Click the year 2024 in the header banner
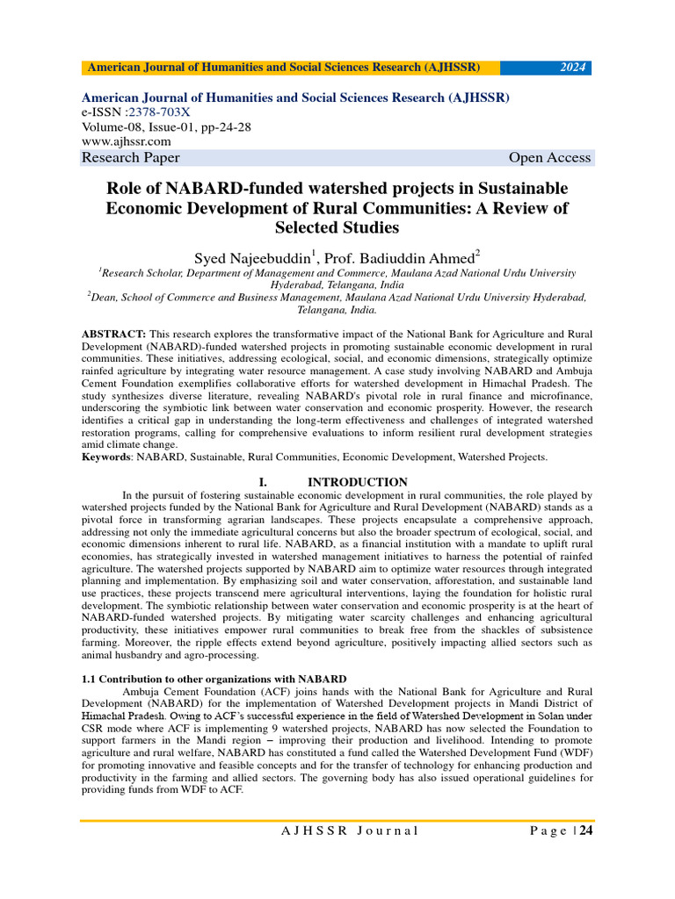pos(574,68)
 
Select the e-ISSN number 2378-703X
pos(160,112)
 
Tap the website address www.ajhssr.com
pos(126,140)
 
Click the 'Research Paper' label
pos(131,158)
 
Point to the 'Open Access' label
pos(549,158)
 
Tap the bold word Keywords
pos(107,457)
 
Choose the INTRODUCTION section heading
pos(357,482)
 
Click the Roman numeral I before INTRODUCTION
pos(263,482)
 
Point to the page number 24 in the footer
pos(584,831)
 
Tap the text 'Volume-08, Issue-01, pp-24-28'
pos(166,126)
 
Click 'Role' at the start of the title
pos(125,189)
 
